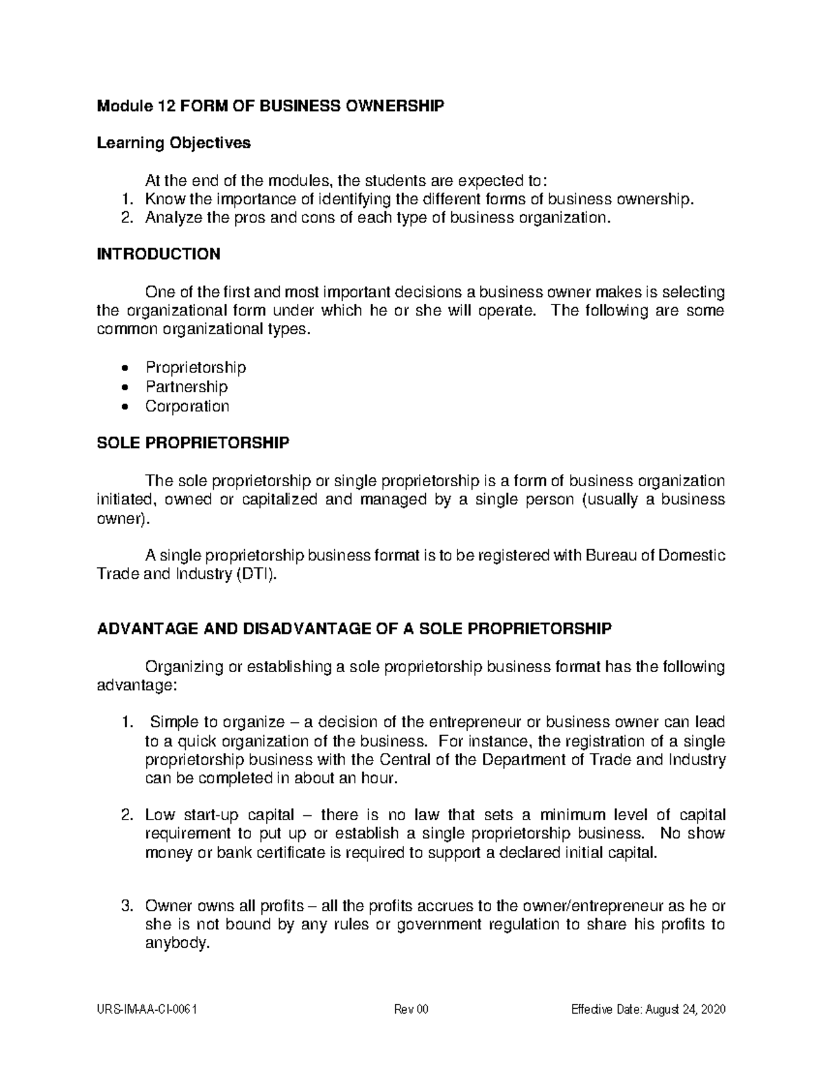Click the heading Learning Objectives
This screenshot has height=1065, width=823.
(174, 143)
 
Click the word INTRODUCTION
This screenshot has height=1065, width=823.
(158, 254)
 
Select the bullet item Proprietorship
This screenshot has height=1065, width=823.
(195, 368)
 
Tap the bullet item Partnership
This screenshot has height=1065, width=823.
(186, 387)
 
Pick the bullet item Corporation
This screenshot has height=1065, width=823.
(187, 406)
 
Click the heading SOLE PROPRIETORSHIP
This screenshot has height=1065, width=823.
(193, 443)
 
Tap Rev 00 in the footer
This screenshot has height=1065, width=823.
(411, 1010)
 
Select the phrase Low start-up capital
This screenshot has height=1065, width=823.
(219, 815)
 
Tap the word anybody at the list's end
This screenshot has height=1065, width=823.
(176, 943)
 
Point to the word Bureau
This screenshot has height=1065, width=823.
(610, 555)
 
